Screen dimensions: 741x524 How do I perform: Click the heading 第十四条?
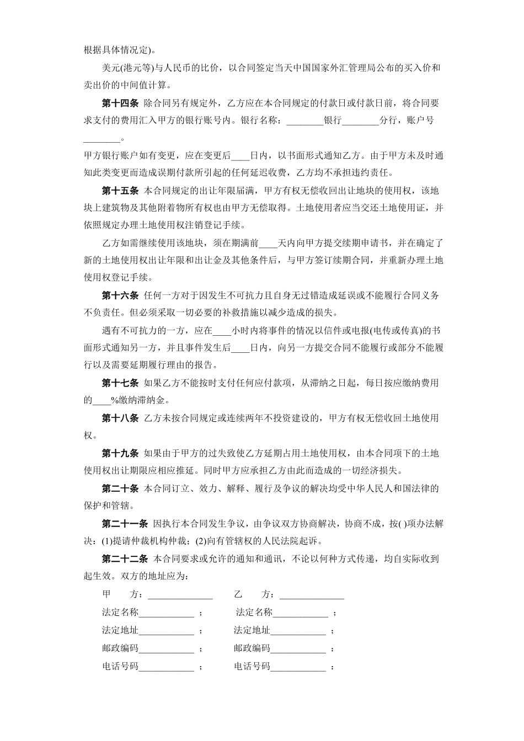pyautogui.click(x=120, y=103)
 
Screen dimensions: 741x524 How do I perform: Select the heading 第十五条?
pyautogui.click(x=120, y=191)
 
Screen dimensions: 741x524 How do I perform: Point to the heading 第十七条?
pyautogui.click(x=120, y=383)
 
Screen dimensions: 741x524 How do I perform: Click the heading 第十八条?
pyautogui.click(x=120, y=418)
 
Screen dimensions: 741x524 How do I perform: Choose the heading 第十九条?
pyautogui.click(x=120, y=453)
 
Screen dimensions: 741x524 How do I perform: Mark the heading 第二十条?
pyautogui.click(x=120, y=488)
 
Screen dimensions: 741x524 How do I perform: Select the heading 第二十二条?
pyautogui.click(x=125, y=559)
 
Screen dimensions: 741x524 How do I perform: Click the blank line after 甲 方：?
pyautogui.click(x=180, y=595)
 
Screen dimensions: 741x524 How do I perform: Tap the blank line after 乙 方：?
pyautogui.click(x=312, y=595)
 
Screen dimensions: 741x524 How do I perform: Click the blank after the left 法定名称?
pyautogui.click(x=166, y=613)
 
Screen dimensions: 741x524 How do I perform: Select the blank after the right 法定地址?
pyautogui.click(x=298, y=631)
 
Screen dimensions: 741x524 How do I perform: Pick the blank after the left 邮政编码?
pyautogui.click(x=166, y=649)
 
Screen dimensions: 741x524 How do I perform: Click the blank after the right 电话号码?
pyautogui.click(x=298, y=667)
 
